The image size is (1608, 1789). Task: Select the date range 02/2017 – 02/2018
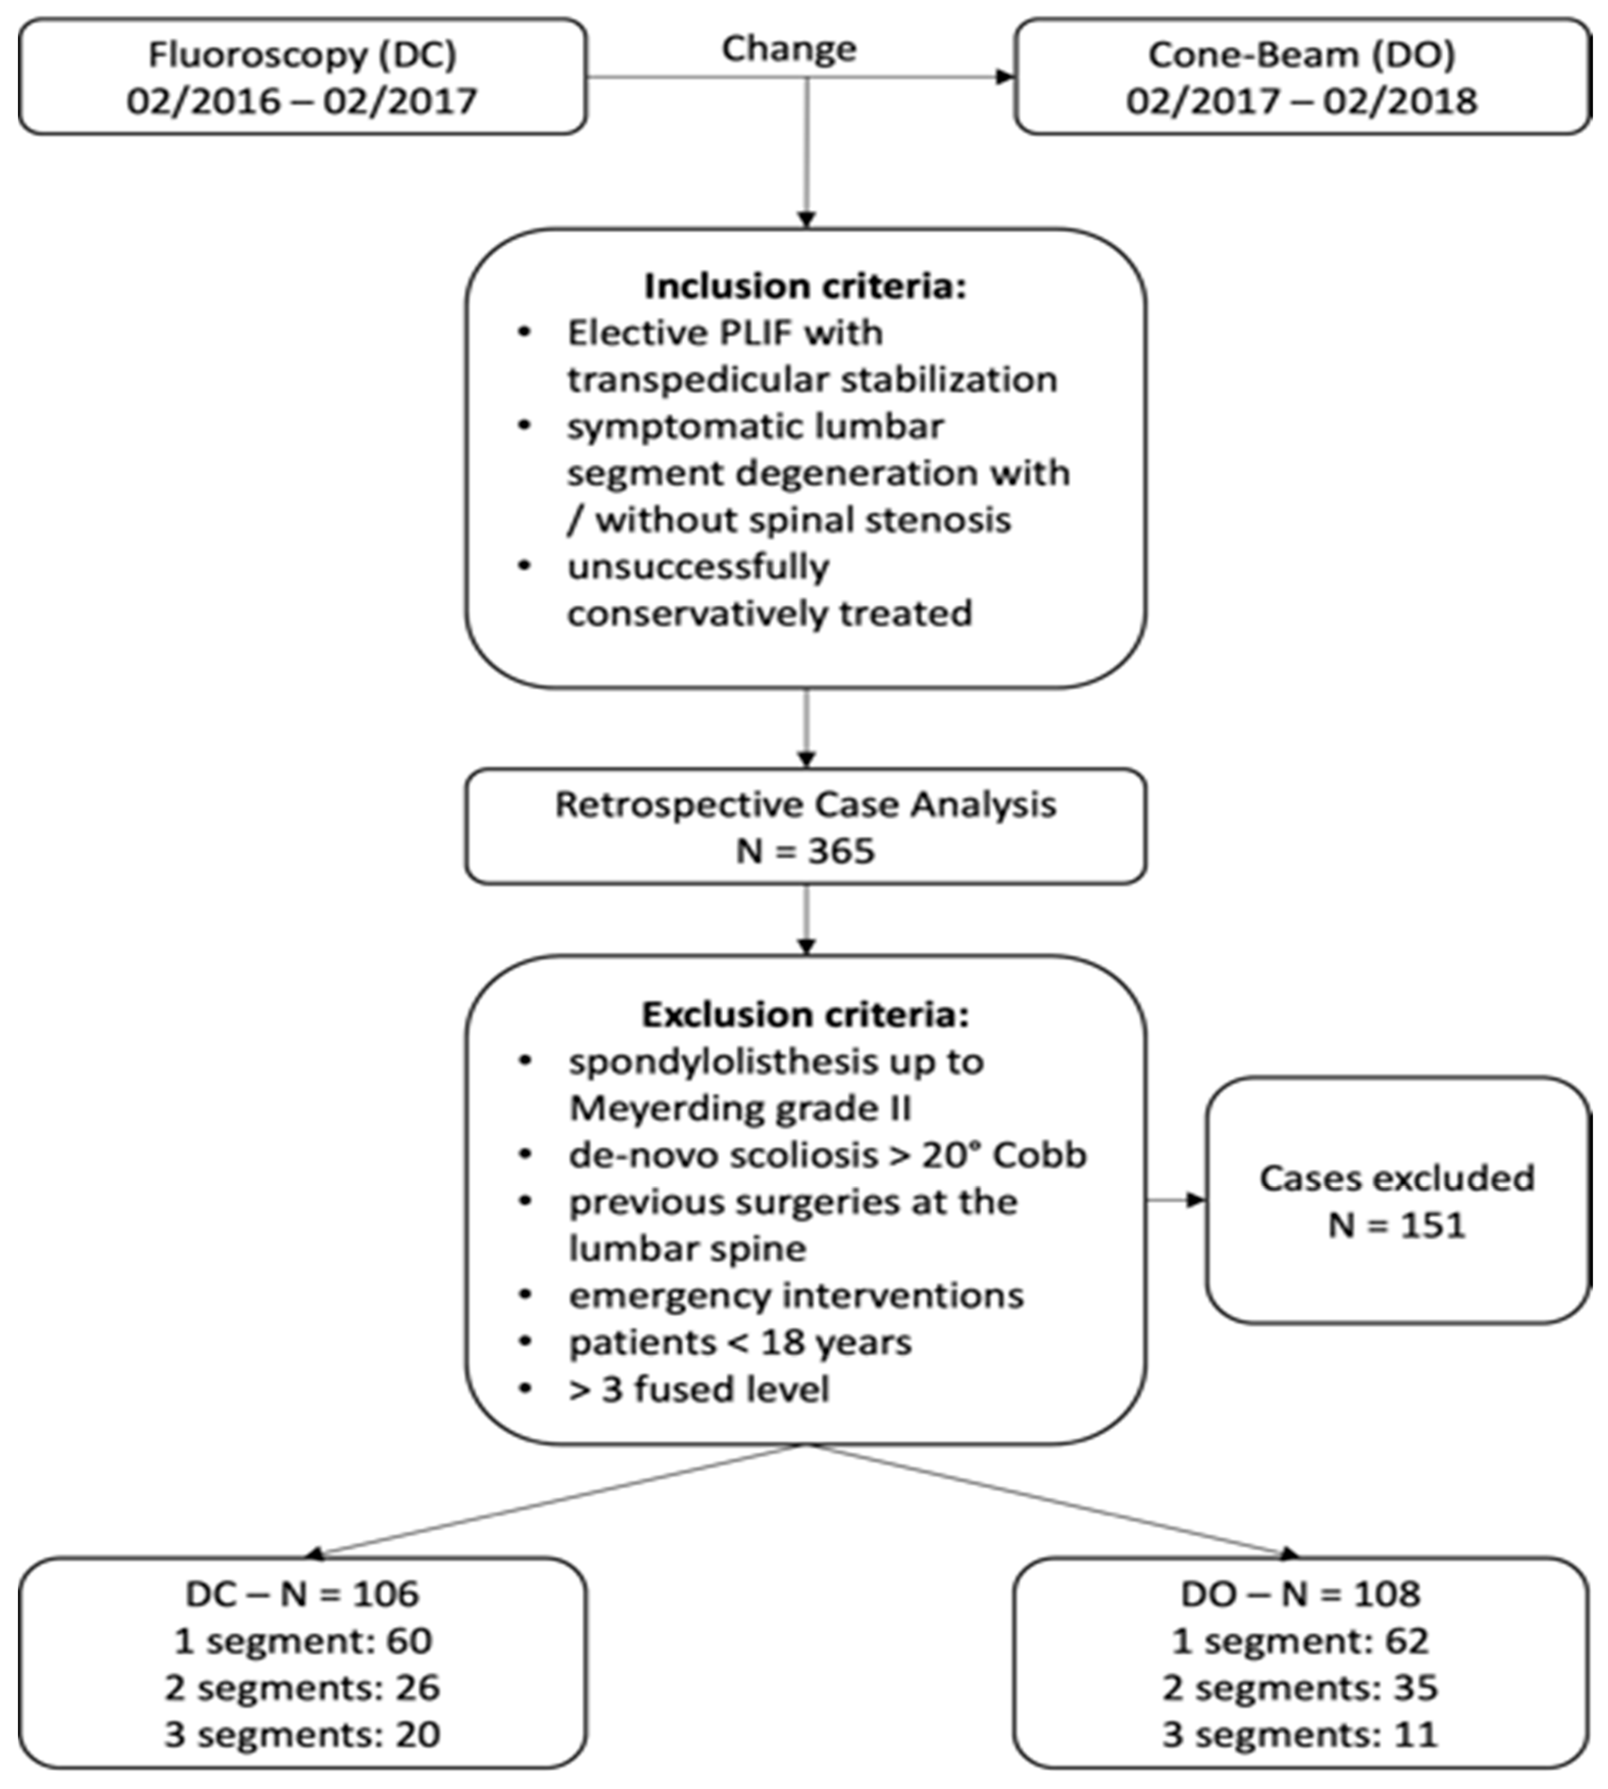pyautogui.click(x=1301, y=100)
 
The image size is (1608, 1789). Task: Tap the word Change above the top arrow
pyautogui.click(x=789, y=48)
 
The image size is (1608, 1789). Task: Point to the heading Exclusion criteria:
pyautogui.click(x=805, y=1014)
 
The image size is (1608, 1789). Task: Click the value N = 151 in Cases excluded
pyautogui.click(x=1397, y=1225)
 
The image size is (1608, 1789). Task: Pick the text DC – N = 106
pyautogui.click(x=302, y=1594)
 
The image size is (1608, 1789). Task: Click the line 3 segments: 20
pyautogui.click(x=302, y=1734)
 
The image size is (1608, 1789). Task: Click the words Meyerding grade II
pyautogui.click(x=741, y=1108)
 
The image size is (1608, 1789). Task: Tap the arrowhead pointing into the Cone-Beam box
pyautogui.click(x=1005, y=77)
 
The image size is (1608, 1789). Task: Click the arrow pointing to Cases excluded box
pyautogui.click(x=1193, y=1200)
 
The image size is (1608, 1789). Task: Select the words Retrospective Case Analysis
pyautogui.click(x=805, y=804)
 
